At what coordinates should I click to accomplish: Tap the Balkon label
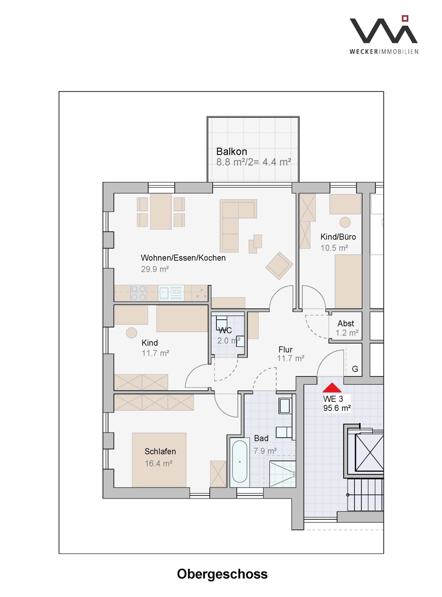click(x=231, y=152)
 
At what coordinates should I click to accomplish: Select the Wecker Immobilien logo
click(x=384, y=35)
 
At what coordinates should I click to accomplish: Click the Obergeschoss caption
click(x=222, y=574)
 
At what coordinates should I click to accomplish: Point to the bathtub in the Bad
click(x=240, y=462)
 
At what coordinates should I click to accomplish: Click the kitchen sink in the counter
click(x=171, y=293)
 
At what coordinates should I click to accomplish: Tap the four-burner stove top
click(x=138, y=293)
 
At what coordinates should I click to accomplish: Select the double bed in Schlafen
click(x=159, y=460)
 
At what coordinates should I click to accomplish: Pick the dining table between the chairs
click(x=161, y=211)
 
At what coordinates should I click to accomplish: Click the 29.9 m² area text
click(x=155, y=269)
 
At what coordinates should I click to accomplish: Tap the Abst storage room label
click(x=346, y=323)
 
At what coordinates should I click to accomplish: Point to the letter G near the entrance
click(x=355, y=369)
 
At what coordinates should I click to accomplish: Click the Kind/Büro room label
click(x=338, y=237)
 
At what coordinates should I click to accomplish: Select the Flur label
click(x=285, y=350)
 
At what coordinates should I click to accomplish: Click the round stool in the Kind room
click(x=132, y=333)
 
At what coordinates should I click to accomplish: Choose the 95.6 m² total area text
click(x=337, y=408)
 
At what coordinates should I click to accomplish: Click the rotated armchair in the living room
click(x=279, y=266)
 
